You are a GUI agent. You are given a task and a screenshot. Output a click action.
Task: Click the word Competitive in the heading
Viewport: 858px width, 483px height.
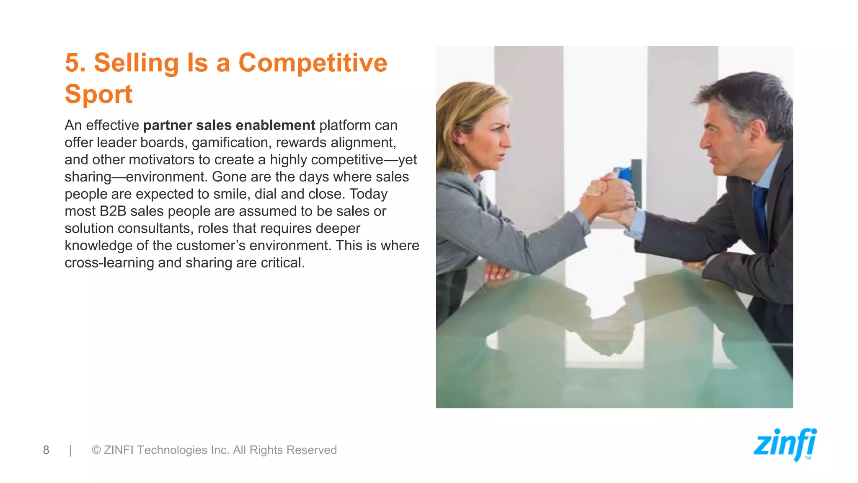click(313, 63)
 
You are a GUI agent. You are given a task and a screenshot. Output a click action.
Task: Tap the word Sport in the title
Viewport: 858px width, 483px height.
click(98, 94)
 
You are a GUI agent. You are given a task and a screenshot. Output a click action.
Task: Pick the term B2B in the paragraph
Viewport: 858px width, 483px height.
click(113, 211)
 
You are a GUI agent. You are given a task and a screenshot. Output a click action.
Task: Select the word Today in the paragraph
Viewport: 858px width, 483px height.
click(368, 194)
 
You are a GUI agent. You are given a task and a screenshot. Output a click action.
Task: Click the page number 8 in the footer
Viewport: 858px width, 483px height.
click(46, 450)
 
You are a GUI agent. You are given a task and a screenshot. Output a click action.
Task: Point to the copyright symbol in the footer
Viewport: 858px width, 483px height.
click(96, 450)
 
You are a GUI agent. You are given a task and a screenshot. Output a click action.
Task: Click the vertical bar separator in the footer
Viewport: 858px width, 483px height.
click(71, 450)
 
